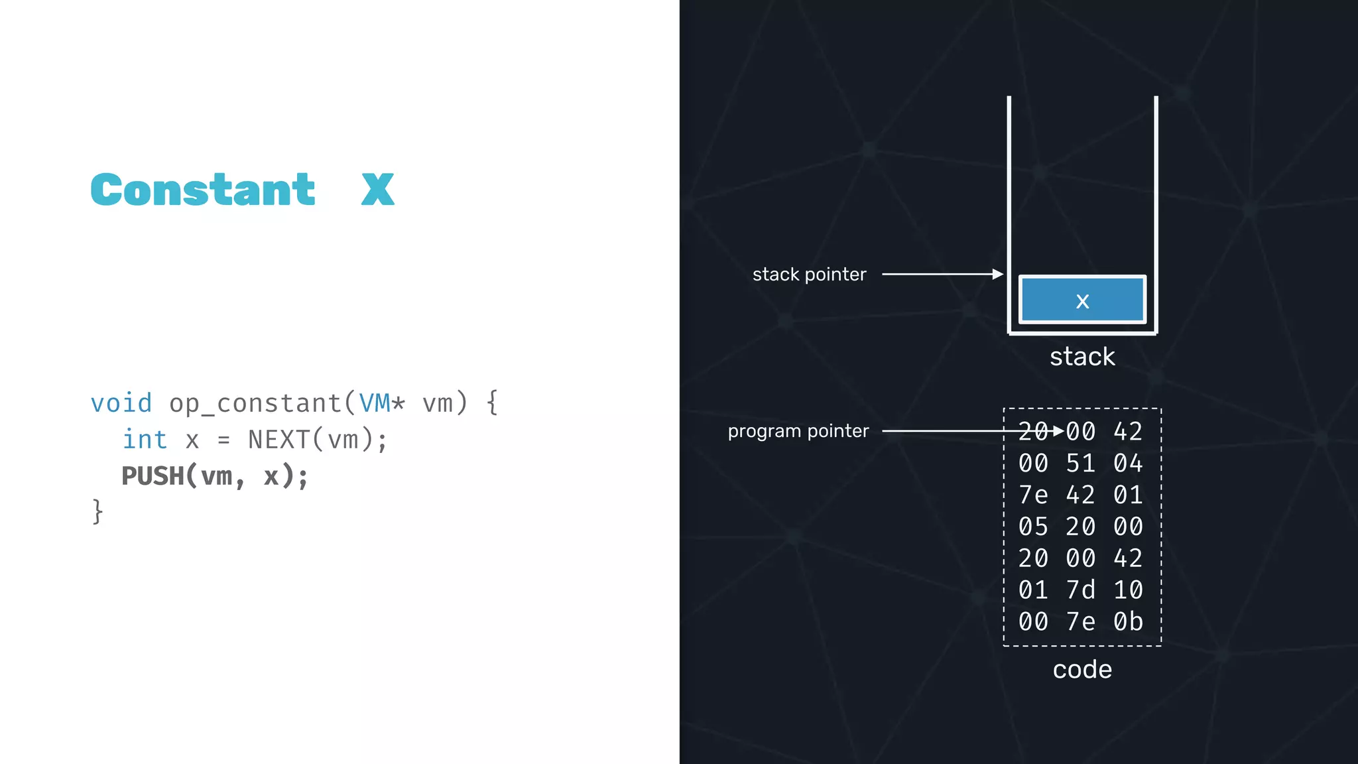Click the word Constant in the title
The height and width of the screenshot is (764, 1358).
pyautogui.click(x=203, y=190)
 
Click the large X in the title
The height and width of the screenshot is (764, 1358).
pyautogui.click(x=377, y=190)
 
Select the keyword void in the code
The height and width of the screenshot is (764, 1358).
pyautogui.click(x=121, y=403)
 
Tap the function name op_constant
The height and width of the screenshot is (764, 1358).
pyautogui.click(x=255, y=403)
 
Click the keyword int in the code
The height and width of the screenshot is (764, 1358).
pyautogui.click(x=145, y=440)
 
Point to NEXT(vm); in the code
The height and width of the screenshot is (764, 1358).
pyautogui.click(x=317, y=440)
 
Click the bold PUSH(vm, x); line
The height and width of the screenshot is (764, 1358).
pyautogui.click(x=215, y=476)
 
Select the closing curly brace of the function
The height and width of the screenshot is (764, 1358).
pyautogui.click(x=98, y=512)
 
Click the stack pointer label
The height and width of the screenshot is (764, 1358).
pyautogui.click(x=809, y=275)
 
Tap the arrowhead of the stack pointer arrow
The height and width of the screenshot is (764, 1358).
pyautogui.click(x=998, y=274)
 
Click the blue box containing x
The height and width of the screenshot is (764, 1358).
pyautogui.click(x=1082, y=300)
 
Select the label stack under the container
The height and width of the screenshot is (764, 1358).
pyautogui.click(x=1082, y=357)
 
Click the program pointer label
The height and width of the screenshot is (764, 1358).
pyautogui.click(x=798, y=431)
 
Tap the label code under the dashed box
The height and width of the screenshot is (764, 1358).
pyautogui.click(x=1082, y=669)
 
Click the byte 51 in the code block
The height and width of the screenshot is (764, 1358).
pyautogui.click(x=1081, y=464)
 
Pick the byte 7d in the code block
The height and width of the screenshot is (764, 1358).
pyautogui.click(x=1081, y=590)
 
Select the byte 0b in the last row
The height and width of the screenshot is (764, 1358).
pyautogui.click(x=1128, y=622)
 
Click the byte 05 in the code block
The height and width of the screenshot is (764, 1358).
pyautogui.click(x=1033, y=527)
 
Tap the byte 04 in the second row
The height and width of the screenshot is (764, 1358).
pyautogui.click(x=1128, y=464)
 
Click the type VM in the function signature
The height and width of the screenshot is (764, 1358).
pyautogui.click(x=375, y=403)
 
